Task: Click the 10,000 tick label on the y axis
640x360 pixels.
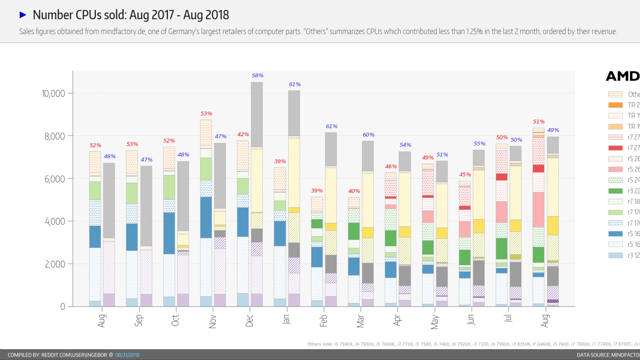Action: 53,94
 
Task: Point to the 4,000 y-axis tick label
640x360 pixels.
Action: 54,222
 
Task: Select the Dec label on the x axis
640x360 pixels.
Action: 250,320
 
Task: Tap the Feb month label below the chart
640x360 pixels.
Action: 324,320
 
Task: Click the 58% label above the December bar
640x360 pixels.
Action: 258,76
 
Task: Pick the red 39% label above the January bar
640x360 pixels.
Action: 280,162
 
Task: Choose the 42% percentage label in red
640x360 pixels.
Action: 243,134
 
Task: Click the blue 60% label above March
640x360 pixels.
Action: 368,135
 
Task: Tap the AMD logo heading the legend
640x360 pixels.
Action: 622,76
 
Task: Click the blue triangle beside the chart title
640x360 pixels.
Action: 23,15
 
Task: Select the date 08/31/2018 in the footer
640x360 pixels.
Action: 127,355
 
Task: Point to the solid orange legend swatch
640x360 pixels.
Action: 615,105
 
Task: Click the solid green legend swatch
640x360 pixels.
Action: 615,191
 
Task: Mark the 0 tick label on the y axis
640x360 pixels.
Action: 62,307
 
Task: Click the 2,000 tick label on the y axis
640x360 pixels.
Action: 54,264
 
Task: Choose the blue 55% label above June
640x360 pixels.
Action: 479,144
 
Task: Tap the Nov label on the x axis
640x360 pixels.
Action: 212,321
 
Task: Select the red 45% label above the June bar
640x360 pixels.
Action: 465,175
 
